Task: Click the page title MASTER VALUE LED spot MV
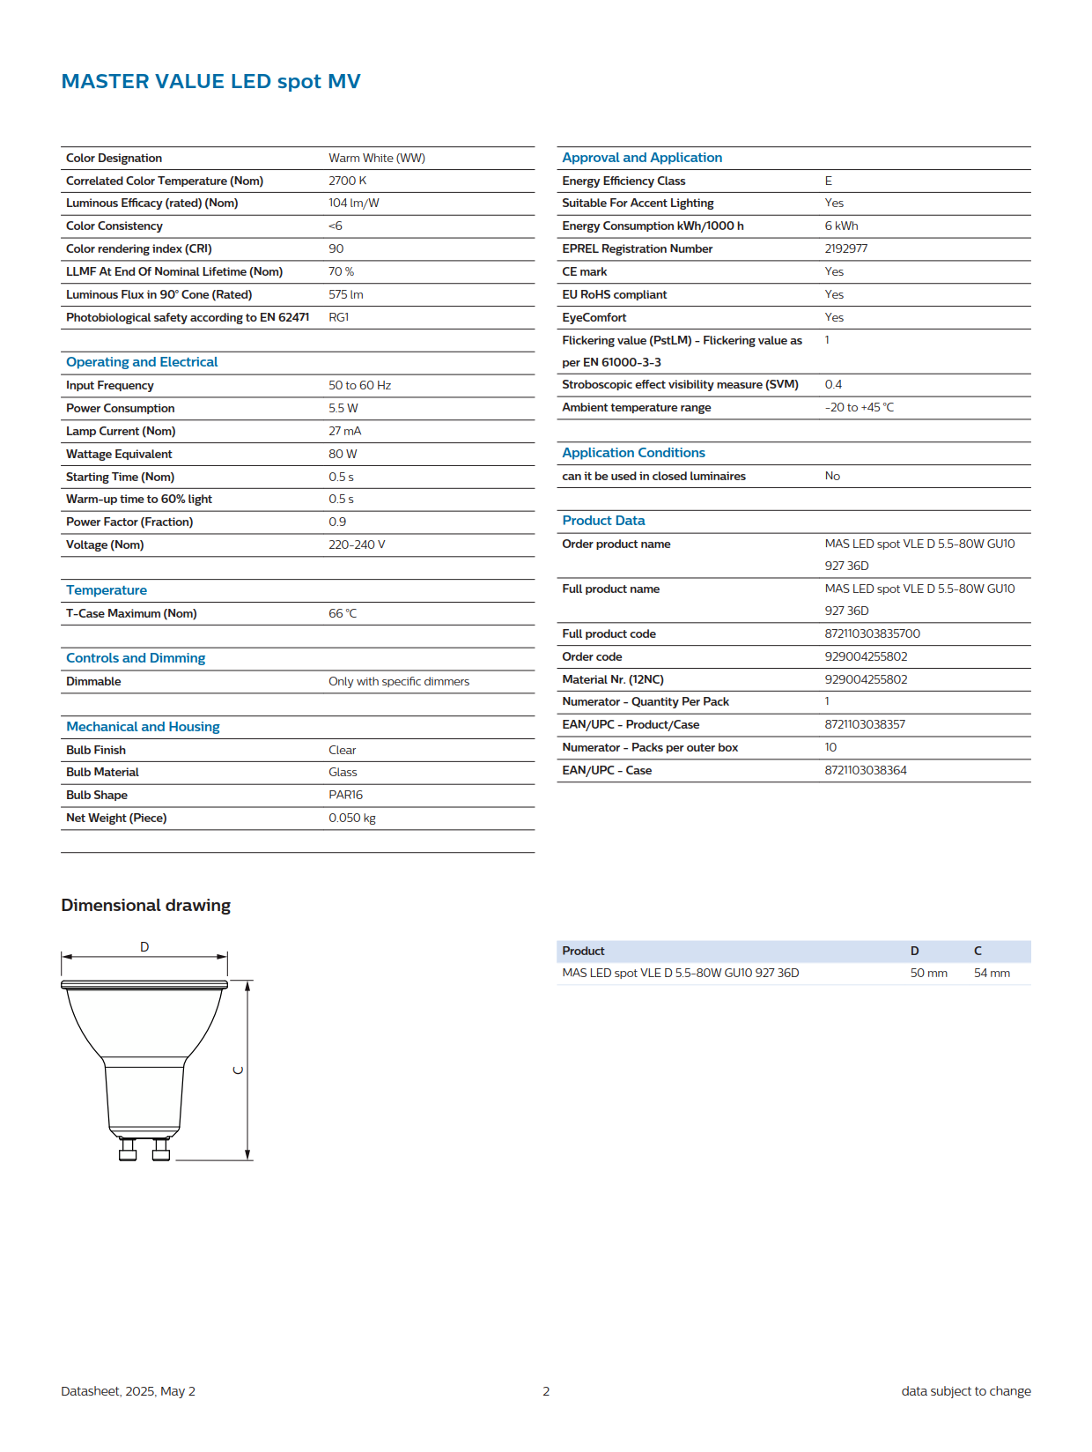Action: pyautogui.click(x=210, y=82)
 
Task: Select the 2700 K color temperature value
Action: pyautogui.click(x=347, y=181)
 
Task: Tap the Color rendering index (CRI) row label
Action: pyautogui.click(x=138, y=248)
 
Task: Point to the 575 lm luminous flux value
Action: pyautogui.click(x=345, y=294)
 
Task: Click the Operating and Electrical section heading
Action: pyautogui.click(x=142, y=362)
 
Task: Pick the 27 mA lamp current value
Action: pyautogui.click(x=344, y=431)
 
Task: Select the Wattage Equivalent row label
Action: pyautogui.click(x=119, y=454)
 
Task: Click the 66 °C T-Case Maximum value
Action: pyautogui.click(x=343, y=613)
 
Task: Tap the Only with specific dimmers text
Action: pyautogui.click(x=399, y=681)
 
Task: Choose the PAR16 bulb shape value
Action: pyautogui.click(x=345, y=795)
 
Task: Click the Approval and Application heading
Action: pyautogui.click(x=642, y=158)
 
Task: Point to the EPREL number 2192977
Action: pyautogui.click(x=845, y=248)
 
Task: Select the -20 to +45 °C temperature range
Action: pyautogui.click(x=859, y=407)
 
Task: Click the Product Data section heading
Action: pyautogui.click(x=603, y=521)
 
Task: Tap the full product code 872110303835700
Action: pyautogui.click(x=872, y=633)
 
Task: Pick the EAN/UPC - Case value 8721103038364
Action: pyautogui.click(x=865, y=770)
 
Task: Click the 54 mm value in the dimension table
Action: pyautogui.click(x=992, y=973)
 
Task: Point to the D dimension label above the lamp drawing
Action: pyautogui.click(x=144, y=947)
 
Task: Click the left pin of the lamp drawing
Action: pyautogui.click(x=128, y=1150)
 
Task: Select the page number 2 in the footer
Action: pyautogui.click(x=546, y=1391)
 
